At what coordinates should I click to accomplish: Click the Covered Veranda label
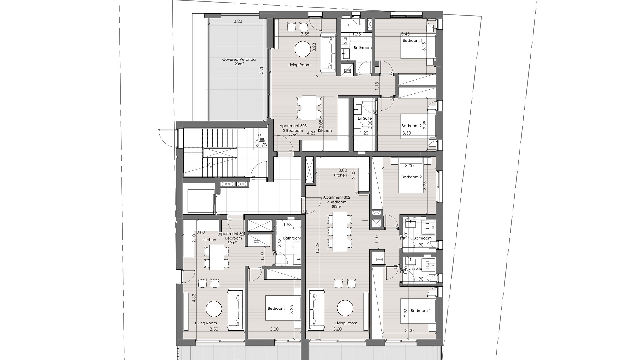(239, 62)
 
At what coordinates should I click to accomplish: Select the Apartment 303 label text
(293, 130)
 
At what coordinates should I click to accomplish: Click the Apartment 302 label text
(337, 202)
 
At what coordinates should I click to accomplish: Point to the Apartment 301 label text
(232, 238)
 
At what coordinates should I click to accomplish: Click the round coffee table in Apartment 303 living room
(303, 49)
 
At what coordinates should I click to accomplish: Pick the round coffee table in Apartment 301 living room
(214, 309)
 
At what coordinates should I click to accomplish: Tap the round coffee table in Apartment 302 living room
(345, 308)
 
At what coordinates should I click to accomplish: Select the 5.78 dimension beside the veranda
(261, 69)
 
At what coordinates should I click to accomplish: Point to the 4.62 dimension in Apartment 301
(194, 298)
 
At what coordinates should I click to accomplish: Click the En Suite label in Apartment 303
(365, 118)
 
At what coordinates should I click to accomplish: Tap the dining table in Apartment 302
(340, 231)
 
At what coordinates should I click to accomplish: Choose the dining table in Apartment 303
(309, 108)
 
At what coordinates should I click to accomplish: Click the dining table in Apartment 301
(217, 257)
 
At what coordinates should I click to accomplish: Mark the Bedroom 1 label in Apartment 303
(413, 40)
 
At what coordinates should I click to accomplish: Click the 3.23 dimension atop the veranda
(238, 21)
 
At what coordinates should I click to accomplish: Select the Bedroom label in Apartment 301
(276, 308)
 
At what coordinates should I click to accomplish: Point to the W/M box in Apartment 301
(257, 242)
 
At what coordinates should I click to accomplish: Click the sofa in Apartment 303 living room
(328, 53)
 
